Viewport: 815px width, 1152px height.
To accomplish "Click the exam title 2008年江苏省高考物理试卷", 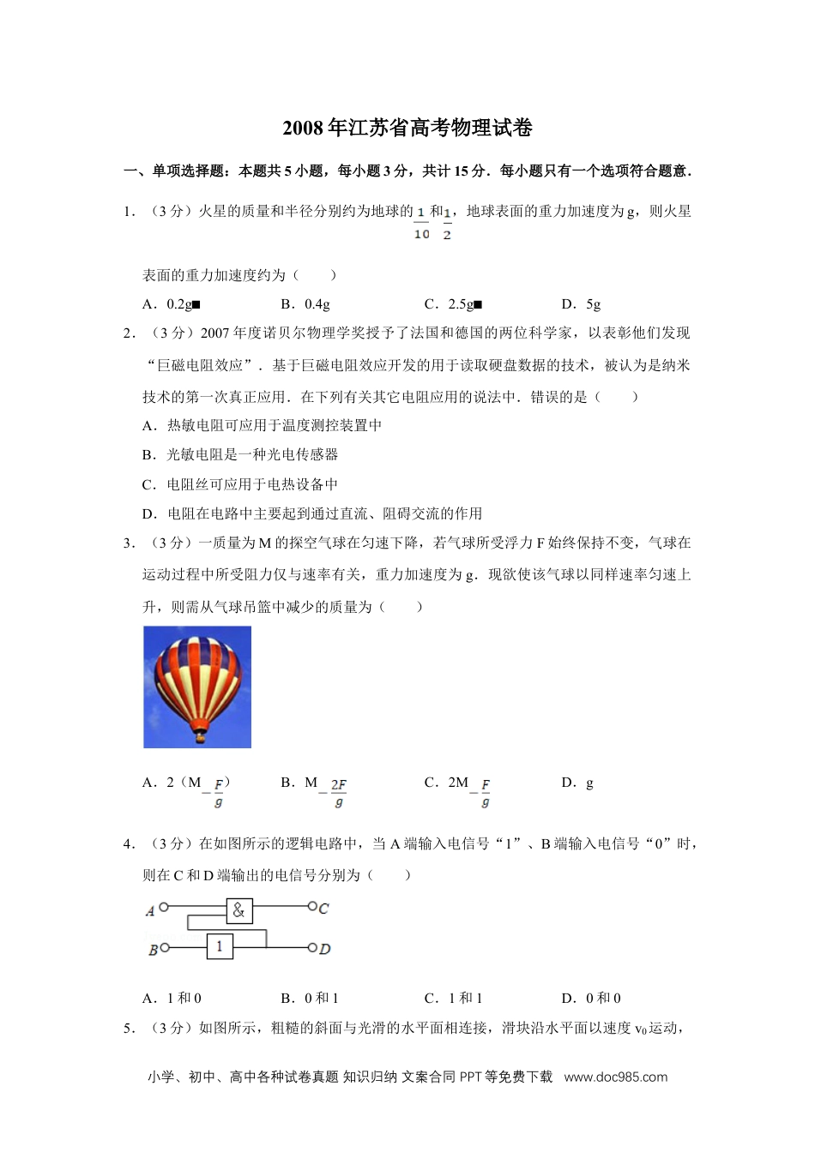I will [x=407, y=129].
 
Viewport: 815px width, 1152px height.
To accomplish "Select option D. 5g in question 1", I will [x=581, y=304].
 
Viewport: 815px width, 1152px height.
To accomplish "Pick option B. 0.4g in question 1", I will [x=305, y=304].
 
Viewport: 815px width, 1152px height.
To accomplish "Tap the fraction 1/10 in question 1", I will [x=421, y=222].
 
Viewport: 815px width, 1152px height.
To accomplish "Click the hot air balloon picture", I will [x=197, y=687].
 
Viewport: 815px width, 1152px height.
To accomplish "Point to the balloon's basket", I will [x=200, y=735].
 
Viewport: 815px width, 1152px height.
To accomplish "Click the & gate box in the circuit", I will [x=238, y=910].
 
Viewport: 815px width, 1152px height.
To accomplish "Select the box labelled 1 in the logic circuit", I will [x=220, y=946].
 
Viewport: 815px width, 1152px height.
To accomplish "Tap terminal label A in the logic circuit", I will [x=150, y=910].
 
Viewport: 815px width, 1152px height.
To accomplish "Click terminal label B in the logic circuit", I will [x=153, y=950].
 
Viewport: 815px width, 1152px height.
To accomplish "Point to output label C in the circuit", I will [x=323, y=909].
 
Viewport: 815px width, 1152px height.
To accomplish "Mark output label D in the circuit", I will [x=324, y=949].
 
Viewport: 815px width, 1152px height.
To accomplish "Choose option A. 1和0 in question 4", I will [x=172, y=999].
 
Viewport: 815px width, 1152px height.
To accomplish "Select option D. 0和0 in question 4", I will [x=591, y=999].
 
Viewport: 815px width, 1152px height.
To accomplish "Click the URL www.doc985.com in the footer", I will [x=615, y=1077].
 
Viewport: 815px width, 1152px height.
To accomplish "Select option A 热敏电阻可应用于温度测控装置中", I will [x=262, y=426].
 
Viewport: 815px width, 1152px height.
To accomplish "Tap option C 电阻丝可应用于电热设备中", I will [x=240, y=485].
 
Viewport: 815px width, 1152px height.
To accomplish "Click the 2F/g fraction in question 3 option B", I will [x=338, y=793].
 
